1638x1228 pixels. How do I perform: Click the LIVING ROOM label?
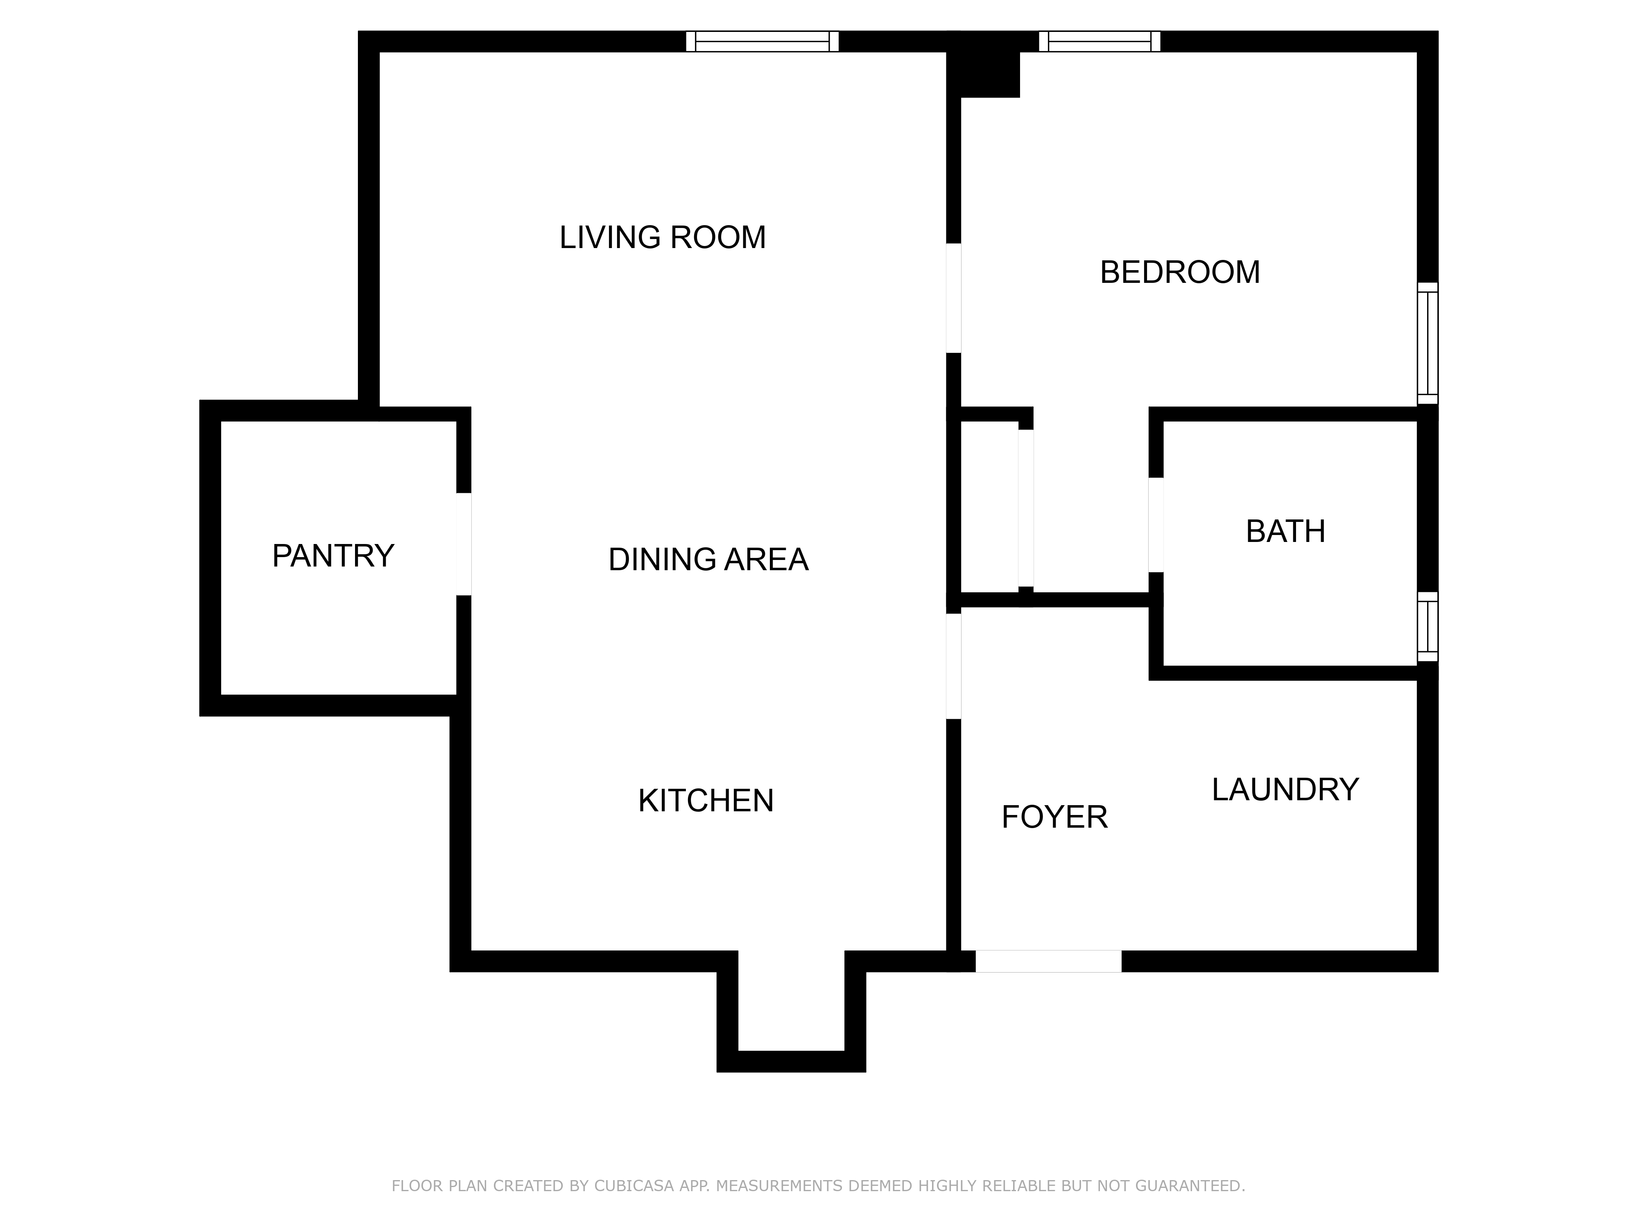click(x=662, y=237)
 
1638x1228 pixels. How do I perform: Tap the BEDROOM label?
click(x=1180, y=272)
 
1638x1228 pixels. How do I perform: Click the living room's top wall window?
click(x=762, y=41)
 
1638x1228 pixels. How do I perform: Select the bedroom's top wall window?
click(x=1099, y=41)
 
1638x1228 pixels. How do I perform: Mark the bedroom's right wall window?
click(x=1427, y=343)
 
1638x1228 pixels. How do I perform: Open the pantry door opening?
click(x=464, y=544)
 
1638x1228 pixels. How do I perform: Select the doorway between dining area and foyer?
click(x=954, y=666)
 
